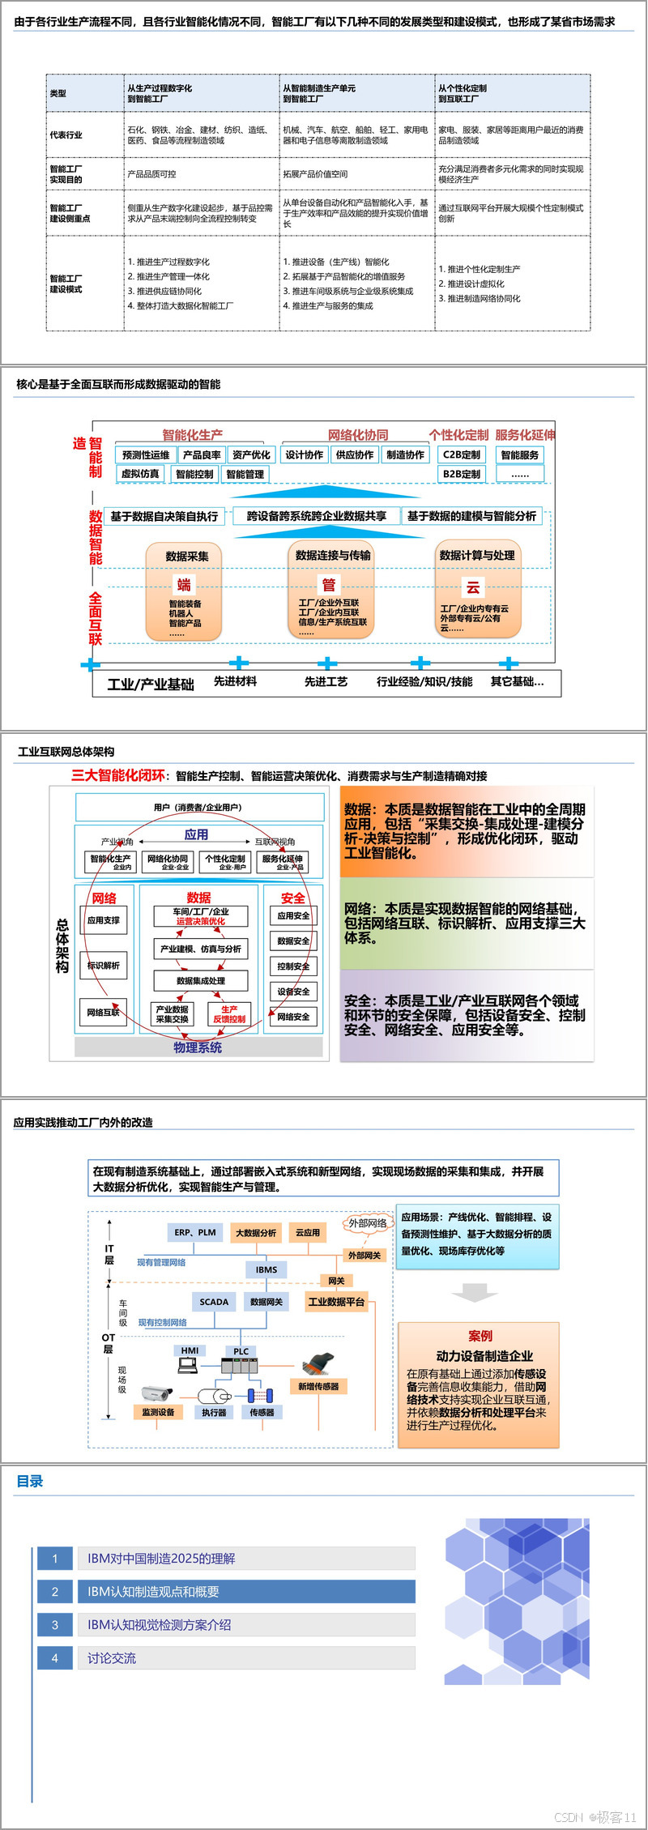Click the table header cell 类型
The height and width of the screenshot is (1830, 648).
coord(58,94)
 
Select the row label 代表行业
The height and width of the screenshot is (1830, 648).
coord(66,135)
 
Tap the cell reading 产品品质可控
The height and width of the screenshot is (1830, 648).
coord(152,174)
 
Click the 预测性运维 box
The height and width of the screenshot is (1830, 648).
coord(146,455)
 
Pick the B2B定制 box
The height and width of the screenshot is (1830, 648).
coord(462,474)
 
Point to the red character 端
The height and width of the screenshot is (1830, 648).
coord(185,585)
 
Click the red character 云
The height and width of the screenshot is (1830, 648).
coord(472,587)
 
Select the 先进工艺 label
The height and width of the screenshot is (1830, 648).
coord(326,682)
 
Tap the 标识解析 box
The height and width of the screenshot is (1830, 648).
coord(104,966)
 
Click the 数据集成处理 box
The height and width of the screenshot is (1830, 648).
coord(201,980)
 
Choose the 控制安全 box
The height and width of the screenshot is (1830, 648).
coord(293,966)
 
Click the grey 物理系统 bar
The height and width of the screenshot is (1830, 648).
coord(198,1047)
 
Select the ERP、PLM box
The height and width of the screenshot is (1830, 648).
coord(195,1232)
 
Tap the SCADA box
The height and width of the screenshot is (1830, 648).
coord(214,1302)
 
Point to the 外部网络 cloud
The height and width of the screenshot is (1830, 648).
coord(368,1223)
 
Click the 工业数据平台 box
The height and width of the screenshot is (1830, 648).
coord(336,1302)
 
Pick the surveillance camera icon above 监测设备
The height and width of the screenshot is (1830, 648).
coord(157,1393)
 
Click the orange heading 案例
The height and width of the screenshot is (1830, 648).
coord(480,1336)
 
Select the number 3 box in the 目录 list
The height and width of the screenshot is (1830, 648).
coord(55,1625)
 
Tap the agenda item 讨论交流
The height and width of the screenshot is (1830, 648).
coord(112,1658)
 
